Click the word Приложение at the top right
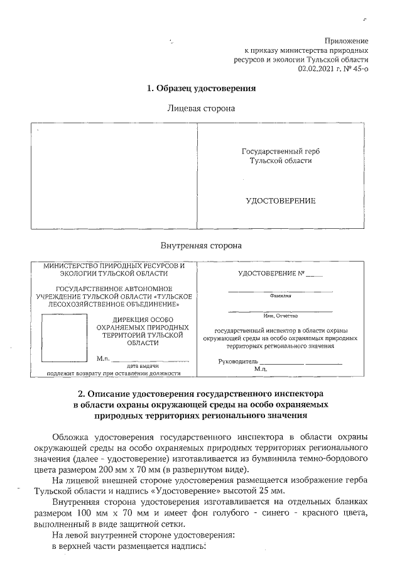tap(346, 40)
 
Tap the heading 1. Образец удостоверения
tap(201, 89)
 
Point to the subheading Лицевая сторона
tap(201, 109)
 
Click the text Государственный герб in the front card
tap(280, 152)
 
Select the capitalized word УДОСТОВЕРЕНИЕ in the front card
tap(280, 201)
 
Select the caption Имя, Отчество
tap(280, 316)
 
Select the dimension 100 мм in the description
tap(102, 514)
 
